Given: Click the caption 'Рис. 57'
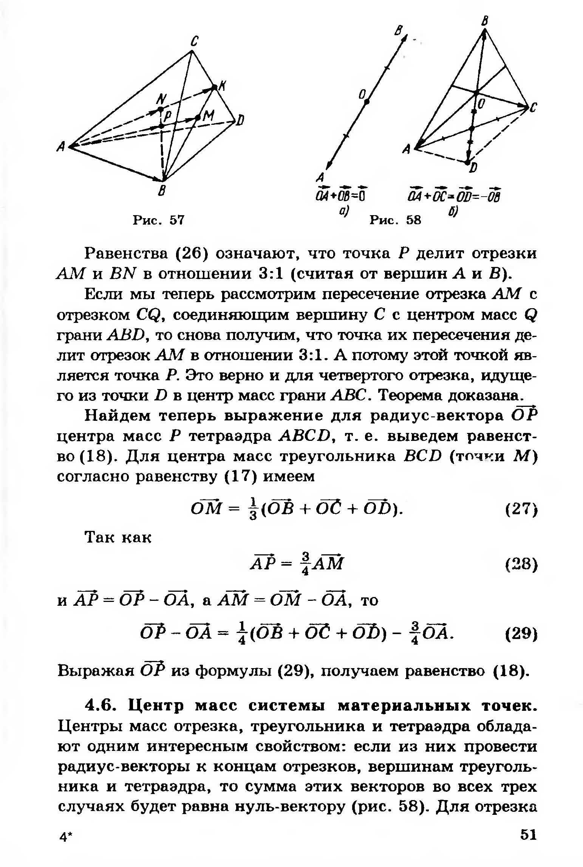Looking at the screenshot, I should (158, 220).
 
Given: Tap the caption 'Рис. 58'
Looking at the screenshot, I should (395, 220).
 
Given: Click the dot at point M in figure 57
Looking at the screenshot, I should (197, 118).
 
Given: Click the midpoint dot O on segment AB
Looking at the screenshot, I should (367, 101).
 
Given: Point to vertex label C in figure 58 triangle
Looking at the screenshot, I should (533, 109).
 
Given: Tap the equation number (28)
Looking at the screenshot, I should (521, 565).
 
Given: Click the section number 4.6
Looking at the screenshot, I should (102, 706).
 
